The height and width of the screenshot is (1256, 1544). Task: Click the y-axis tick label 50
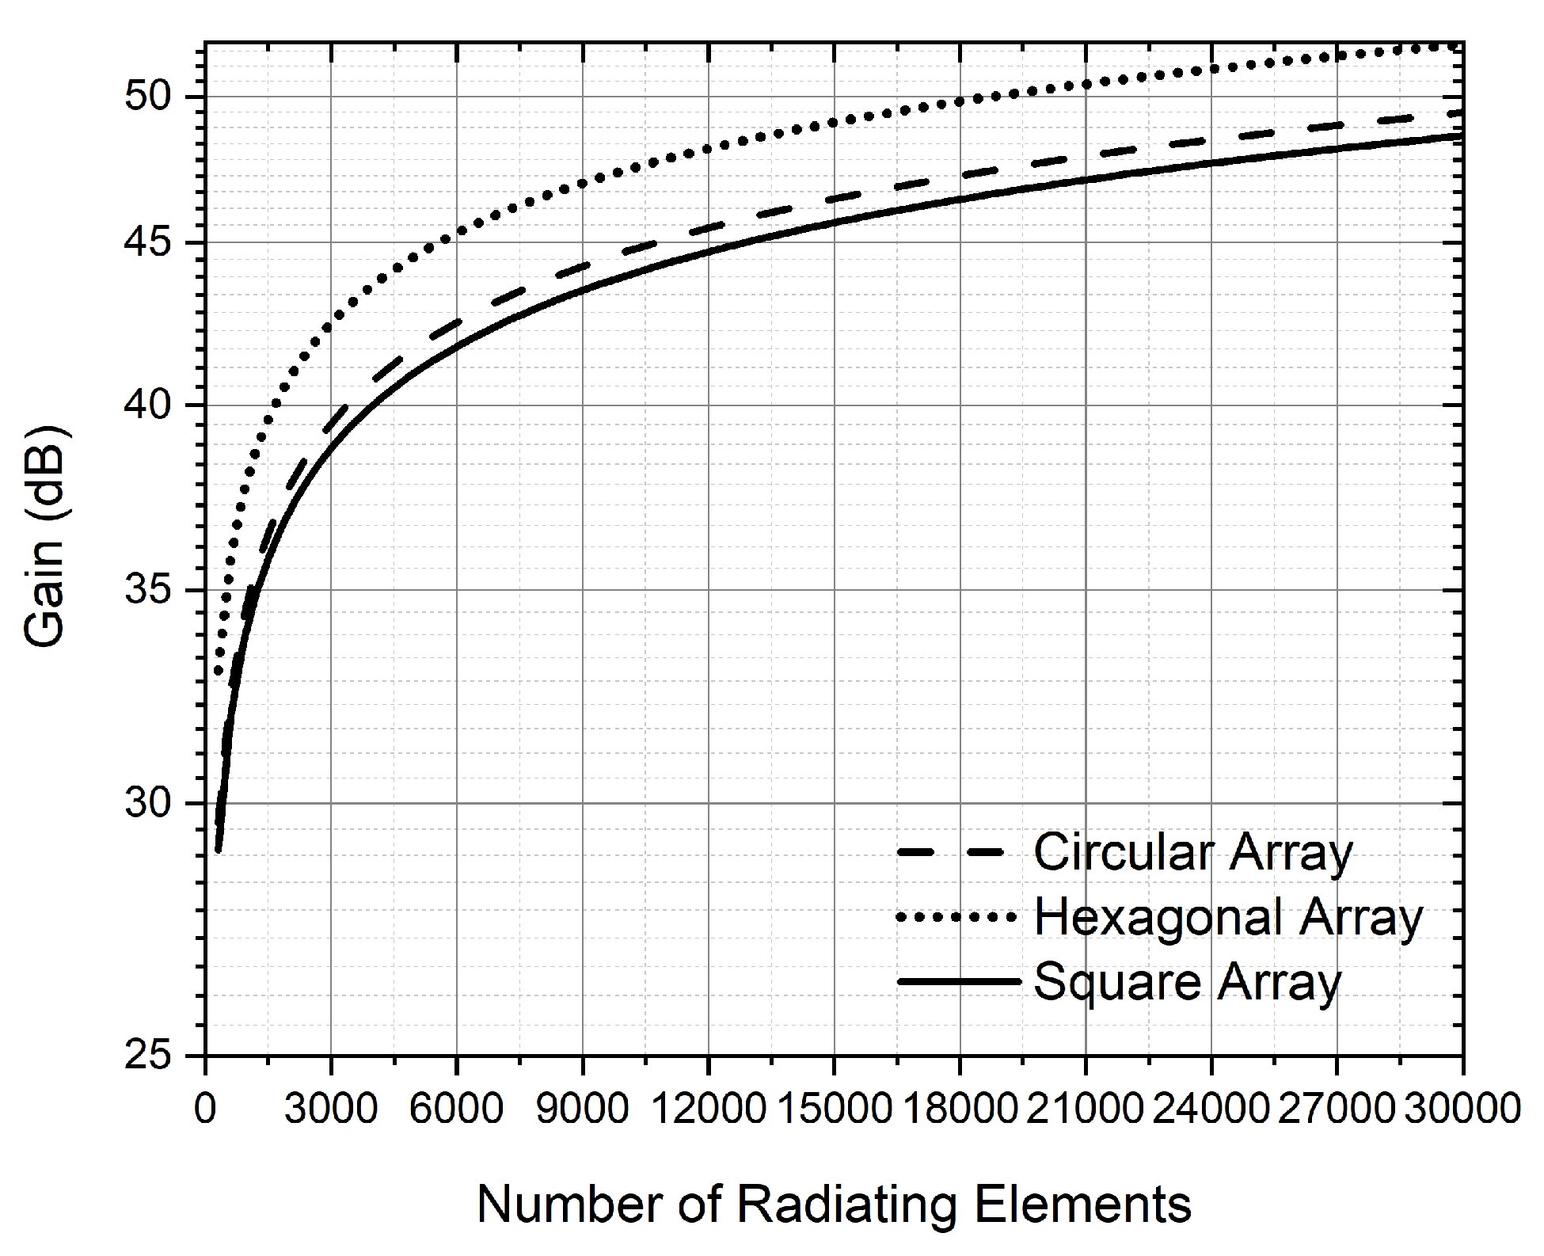click(148, 97)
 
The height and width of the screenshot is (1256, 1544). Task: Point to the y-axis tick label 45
click(148, 242)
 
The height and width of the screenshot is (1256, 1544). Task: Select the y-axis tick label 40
click(148, 405)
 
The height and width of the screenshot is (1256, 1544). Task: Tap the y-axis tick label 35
click(148, 590)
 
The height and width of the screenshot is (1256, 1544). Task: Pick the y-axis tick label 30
click(148, 803)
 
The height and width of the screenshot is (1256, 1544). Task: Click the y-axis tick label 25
click(148, 1056)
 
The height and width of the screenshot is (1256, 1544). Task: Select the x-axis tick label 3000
click(331, 1109)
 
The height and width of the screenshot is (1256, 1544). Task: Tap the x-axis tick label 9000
click(583, 1109)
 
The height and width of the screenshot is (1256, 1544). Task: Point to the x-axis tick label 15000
click(835, 1109)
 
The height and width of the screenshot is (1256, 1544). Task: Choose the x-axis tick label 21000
click(1086, 1109)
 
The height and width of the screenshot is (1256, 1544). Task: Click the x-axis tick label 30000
click(1462, 1109)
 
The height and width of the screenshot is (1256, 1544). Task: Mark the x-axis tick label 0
click(205, 1109)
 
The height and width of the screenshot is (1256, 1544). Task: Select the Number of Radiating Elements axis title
click(834, 1205)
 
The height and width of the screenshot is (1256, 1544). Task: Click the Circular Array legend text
click(1193, 853)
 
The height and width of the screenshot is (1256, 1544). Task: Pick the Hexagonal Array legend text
click(1228, 917)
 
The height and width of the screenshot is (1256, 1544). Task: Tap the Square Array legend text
click(1187, 982)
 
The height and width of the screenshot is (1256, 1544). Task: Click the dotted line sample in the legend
click(956, 917)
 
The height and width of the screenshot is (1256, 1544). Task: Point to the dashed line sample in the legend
click(950, 853)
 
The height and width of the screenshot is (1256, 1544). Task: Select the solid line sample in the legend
click(958, 982)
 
